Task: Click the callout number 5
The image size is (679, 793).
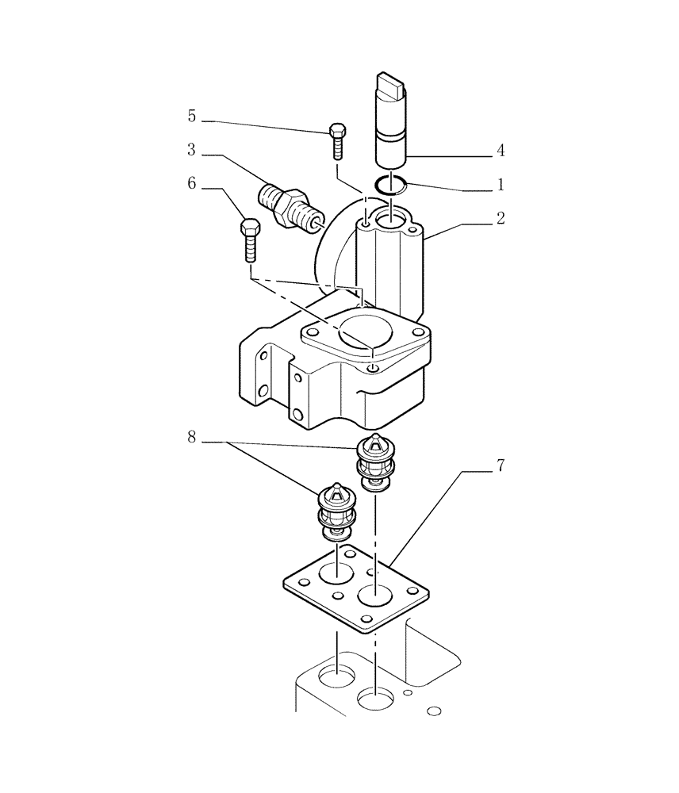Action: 192,117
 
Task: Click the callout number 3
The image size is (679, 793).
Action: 192,149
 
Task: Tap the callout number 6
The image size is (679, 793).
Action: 192,183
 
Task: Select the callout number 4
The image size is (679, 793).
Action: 501,150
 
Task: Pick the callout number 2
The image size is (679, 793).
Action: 501,218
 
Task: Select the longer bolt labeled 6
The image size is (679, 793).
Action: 248,239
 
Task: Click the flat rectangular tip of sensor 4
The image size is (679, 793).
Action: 391,86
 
